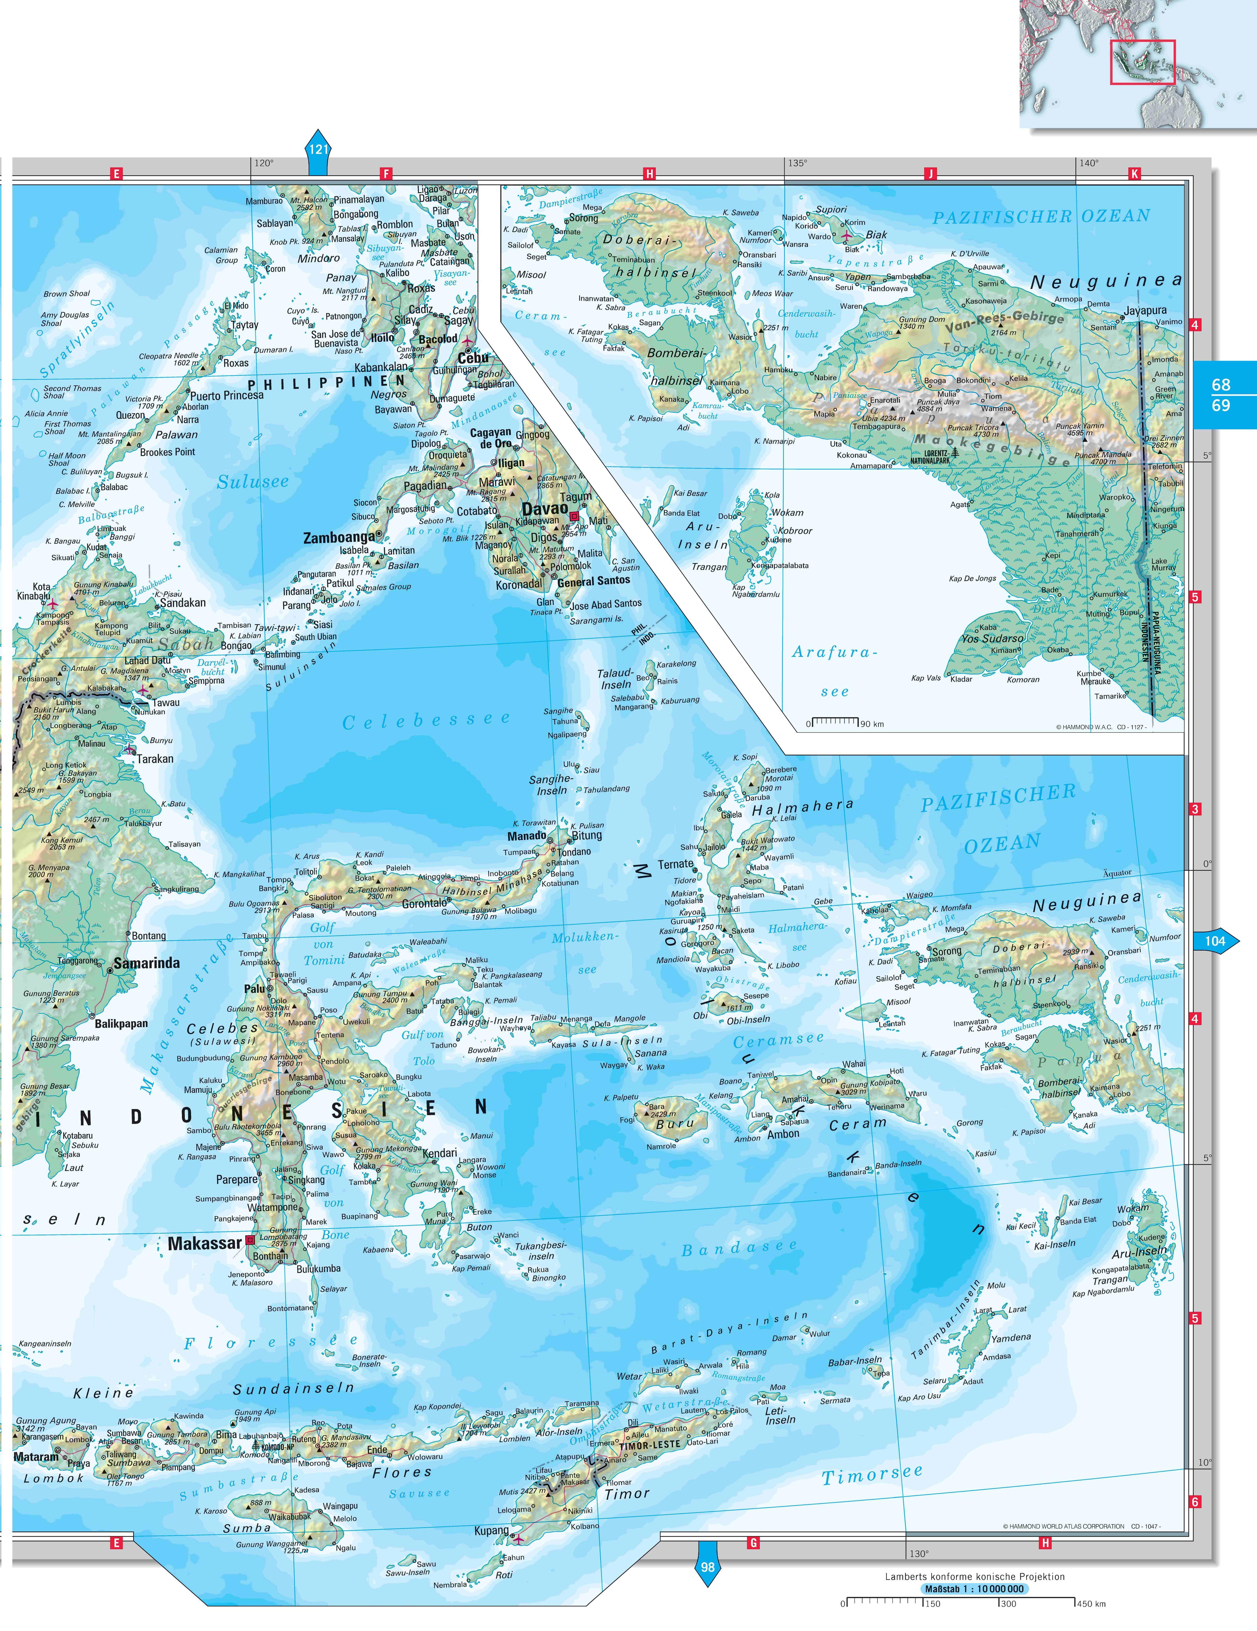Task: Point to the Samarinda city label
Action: point(147,963)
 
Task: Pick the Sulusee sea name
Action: point(253,482)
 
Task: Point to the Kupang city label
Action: point(492,1530)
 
